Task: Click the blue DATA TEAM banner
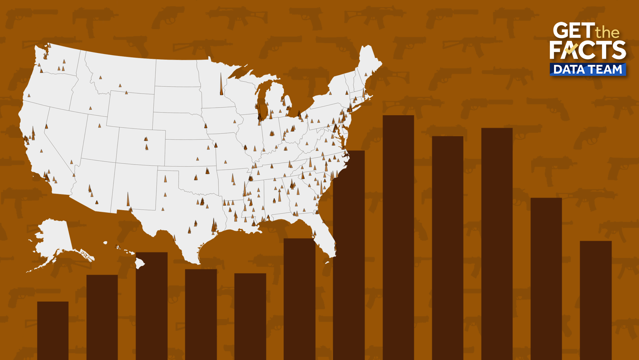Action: pos(588,69)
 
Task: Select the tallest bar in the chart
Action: pos(398,233)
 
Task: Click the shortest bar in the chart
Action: pos(53,330)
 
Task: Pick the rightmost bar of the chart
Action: pos(595,300)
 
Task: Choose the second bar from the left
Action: pos(102,316)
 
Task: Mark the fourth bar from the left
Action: pos(201,313)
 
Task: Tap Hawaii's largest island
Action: pos(140,263)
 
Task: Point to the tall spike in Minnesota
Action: pos(221,85)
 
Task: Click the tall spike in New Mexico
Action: pos(128,200)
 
